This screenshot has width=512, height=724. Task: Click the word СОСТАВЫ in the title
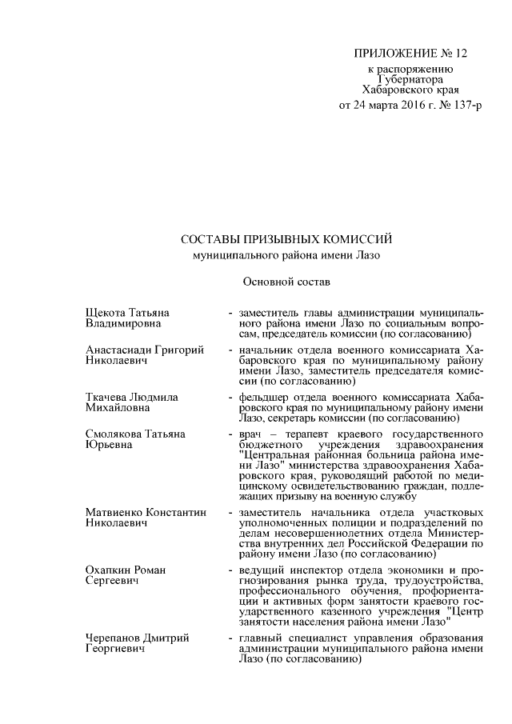pyautogui.click(x=210, y=240)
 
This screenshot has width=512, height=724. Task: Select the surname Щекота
pyautogui.click(x=107, y=311)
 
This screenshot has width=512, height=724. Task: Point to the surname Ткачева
pyautogui.click(x=107, y=396)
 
